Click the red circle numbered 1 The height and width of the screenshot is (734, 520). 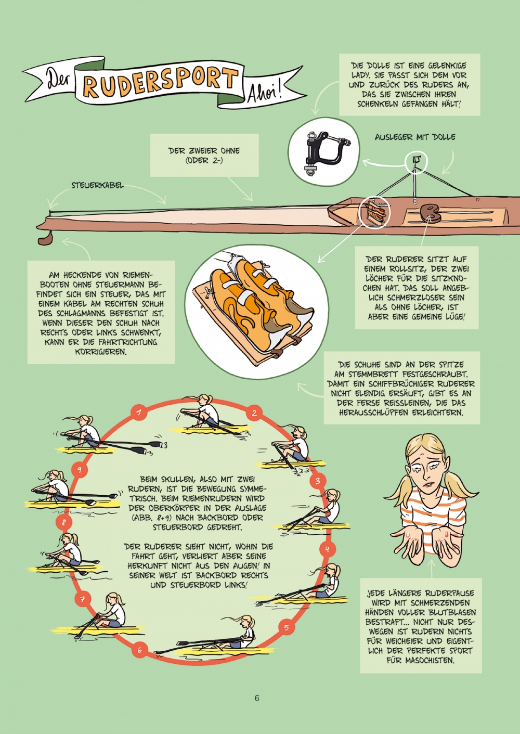(139, 412)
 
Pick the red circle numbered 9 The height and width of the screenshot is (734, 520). (79, 470)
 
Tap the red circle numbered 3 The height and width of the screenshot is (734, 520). (318, 481)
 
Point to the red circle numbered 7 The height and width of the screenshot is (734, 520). (83, 599)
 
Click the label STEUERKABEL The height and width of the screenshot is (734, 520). (98, 186)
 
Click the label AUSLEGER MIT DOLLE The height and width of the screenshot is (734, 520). (415, 137)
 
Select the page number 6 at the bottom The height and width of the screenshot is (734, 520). (257, 698)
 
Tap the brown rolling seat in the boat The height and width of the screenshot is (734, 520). (430, 213)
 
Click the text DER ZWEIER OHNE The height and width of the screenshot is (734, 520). (204, 151)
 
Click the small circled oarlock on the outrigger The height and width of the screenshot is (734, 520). (416, 161)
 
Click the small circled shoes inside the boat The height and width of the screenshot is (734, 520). (375, 213)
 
